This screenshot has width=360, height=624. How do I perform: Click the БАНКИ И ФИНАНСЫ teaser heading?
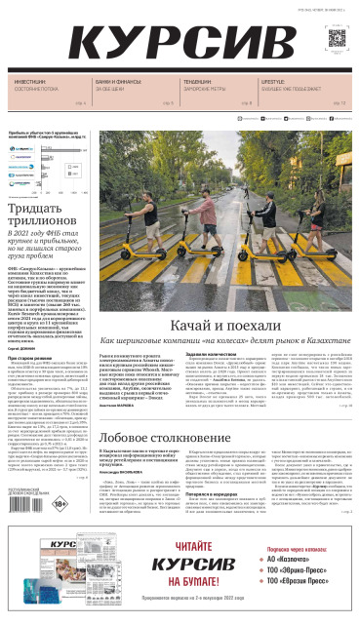click(x=115, y=82)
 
